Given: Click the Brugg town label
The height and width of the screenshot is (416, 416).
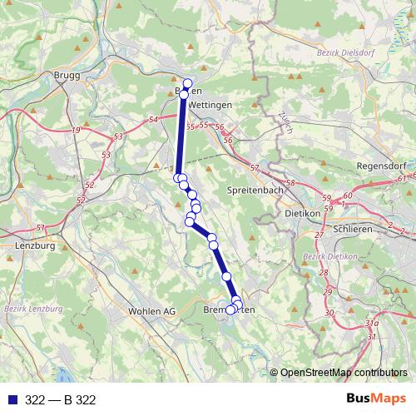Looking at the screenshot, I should (x=67, y=75).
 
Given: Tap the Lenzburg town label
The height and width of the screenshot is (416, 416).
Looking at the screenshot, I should (x=34, y=246).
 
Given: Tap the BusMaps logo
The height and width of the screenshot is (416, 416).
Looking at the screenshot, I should (x=376, y=399).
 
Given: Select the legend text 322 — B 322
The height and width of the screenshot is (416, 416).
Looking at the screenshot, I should (x=61, y=400).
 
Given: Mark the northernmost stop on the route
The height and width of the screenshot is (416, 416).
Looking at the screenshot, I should (x=187, y=83).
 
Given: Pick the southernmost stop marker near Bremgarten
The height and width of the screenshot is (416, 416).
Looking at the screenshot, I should (x=230, y=310).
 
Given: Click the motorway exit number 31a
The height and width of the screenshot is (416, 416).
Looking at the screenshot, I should (x=372, y=322).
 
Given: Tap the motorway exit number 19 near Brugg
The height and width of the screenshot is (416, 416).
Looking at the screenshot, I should (x=77, y=131).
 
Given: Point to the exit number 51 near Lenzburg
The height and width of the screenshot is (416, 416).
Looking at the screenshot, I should (x=41, y=227).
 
